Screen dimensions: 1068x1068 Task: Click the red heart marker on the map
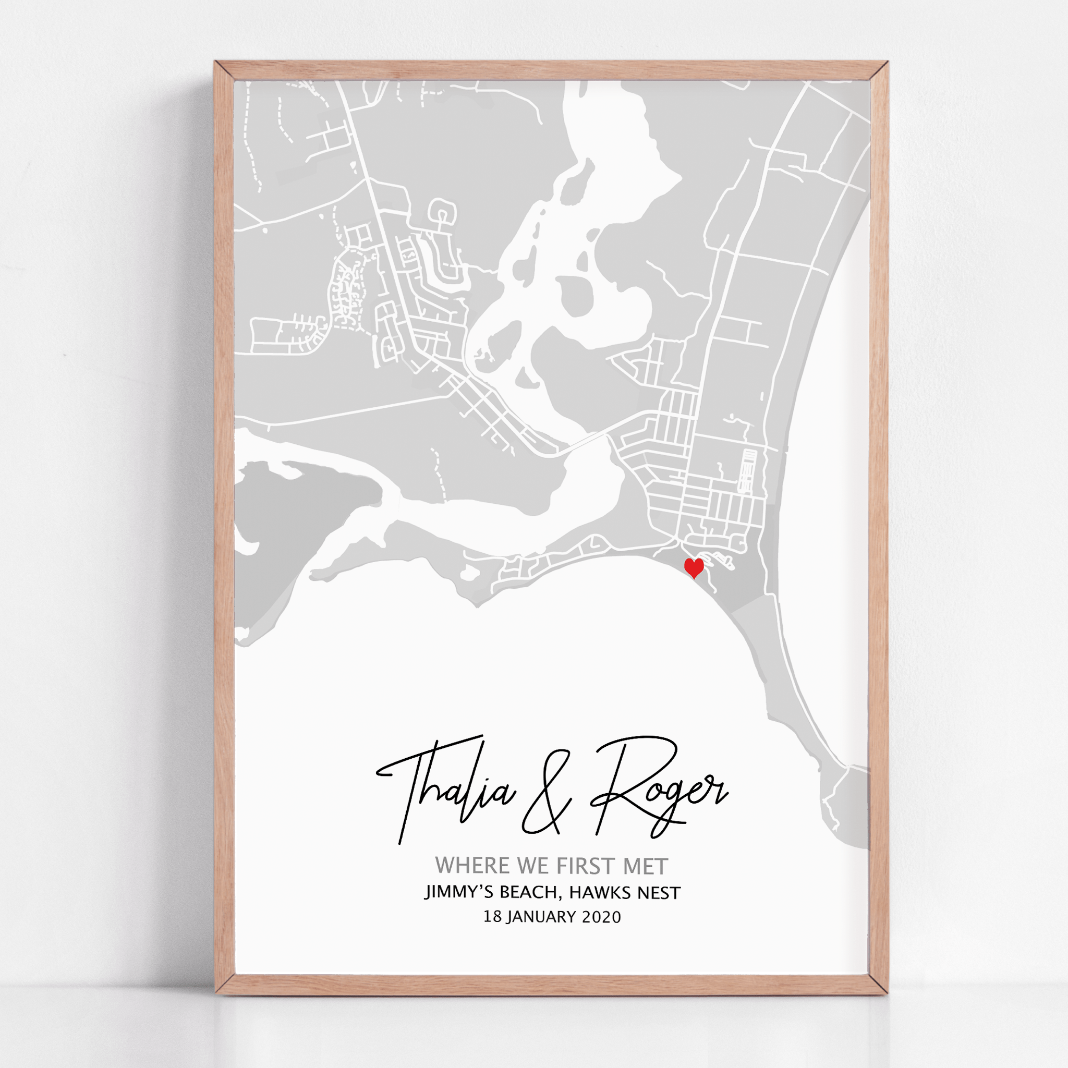point(694,567)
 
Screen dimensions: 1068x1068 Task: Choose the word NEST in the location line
point(658,892)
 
